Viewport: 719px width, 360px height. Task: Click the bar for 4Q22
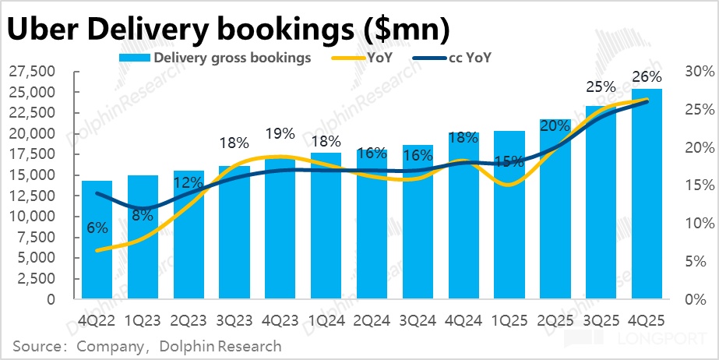coord(97,242)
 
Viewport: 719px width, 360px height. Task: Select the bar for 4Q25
coord(647,195)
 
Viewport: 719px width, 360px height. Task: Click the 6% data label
coord(97,228)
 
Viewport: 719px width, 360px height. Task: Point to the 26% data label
coord(647,76)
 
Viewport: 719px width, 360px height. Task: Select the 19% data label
coord(280,133)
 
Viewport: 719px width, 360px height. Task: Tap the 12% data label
coord(189,182)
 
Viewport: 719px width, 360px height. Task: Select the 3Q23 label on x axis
coord(234,319)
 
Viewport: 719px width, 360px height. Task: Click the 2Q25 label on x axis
coord(555,319)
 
